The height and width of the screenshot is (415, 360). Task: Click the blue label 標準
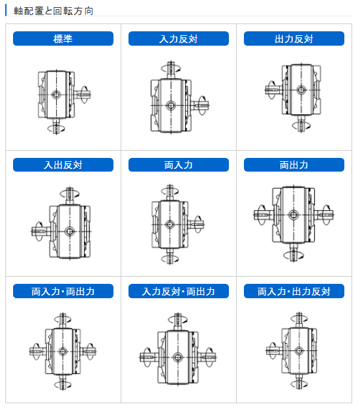click(63, 39)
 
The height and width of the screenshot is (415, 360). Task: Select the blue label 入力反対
click(178, 39)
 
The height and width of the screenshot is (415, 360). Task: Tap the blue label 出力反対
click(293, 39)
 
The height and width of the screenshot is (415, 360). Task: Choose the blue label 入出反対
click(63, 165)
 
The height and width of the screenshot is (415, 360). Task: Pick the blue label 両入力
click(178, 165)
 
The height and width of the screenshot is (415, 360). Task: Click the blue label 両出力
click(293, 165)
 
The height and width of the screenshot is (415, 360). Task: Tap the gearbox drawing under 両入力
click(171, 225)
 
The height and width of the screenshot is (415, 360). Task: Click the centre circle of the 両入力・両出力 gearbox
click(63, 351)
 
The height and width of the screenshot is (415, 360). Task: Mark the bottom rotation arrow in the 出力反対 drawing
click(301, 125)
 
